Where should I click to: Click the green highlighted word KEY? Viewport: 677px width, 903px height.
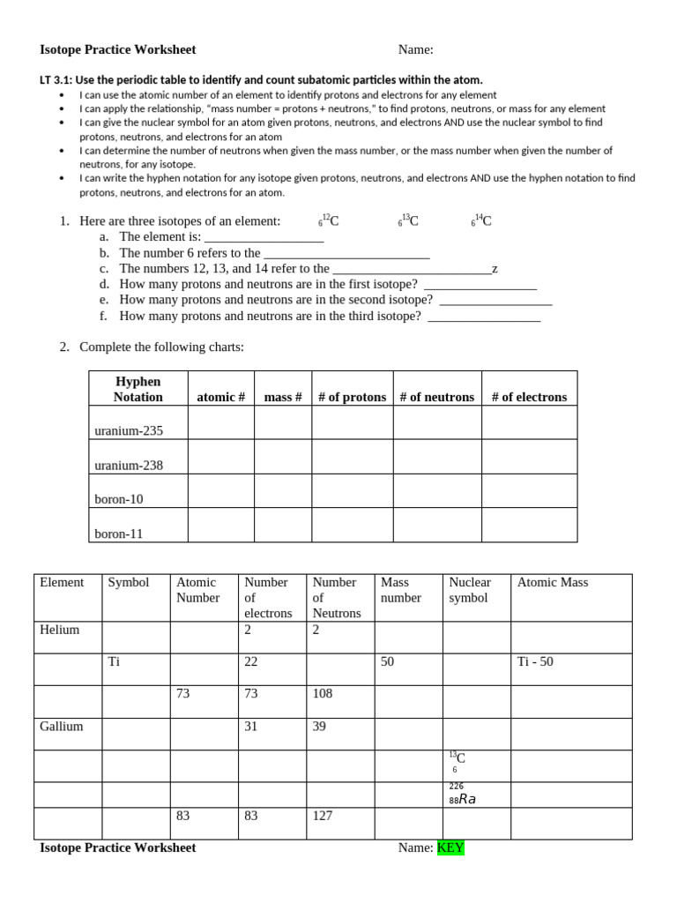450,847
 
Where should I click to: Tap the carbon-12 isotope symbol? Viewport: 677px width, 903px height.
328,220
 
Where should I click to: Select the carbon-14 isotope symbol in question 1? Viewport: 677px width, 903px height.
481,220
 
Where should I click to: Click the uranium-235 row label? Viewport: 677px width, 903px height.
129,431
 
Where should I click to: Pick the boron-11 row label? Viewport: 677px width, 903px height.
119,534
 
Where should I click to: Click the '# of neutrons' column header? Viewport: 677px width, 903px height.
436,397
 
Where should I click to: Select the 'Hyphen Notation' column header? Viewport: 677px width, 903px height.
138,389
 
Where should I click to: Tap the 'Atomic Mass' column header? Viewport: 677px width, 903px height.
553,582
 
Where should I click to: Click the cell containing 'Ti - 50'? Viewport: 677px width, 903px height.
536,661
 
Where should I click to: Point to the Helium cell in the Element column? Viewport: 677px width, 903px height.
59,630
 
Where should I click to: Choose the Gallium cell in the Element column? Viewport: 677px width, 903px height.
61,727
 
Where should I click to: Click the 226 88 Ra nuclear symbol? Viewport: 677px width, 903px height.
462,794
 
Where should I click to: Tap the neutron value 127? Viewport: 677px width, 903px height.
323,816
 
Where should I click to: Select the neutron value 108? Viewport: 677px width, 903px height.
323,693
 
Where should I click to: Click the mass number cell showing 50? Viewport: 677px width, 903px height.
388,661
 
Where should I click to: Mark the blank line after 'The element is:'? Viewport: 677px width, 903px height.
264,237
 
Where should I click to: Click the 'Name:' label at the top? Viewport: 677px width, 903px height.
415,49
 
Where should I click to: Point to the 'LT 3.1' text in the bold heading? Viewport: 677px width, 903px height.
56,79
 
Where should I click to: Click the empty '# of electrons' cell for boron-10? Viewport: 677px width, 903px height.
529,491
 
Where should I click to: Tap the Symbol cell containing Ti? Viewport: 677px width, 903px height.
114,661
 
